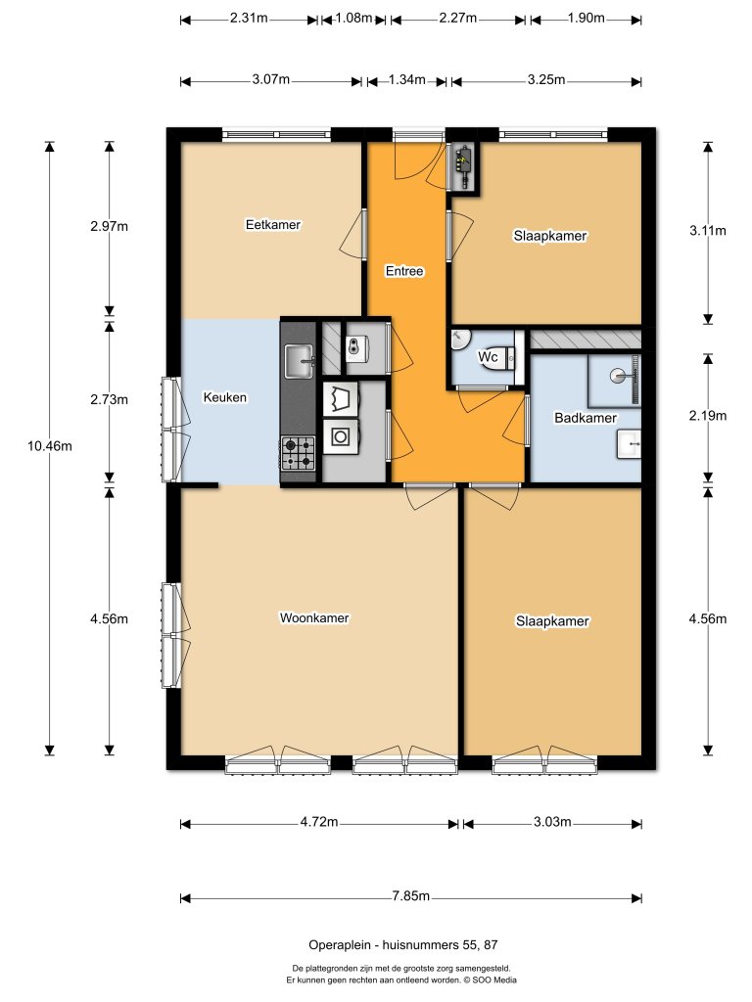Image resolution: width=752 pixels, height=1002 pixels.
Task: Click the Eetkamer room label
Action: tap(272, 224)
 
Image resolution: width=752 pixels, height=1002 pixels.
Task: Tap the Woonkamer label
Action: tap(314, 618)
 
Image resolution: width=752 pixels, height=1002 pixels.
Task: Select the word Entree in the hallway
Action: tap(404, 271)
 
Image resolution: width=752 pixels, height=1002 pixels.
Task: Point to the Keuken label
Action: tap(224, 398)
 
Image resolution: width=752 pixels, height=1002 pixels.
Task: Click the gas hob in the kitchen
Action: tap(299, 453)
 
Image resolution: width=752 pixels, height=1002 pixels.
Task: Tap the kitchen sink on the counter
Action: tap(299, 358)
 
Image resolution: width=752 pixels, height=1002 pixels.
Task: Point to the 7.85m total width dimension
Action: tap(411, 897)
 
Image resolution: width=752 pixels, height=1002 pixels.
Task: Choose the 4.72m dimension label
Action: tap(319, 823)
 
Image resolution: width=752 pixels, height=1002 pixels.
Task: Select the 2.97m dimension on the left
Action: tap(109, 226)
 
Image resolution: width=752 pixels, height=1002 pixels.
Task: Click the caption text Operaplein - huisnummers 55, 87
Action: tap(402, 945)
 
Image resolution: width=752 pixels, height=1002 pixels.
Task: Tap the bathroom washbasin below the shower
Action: tap(629, 444)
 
